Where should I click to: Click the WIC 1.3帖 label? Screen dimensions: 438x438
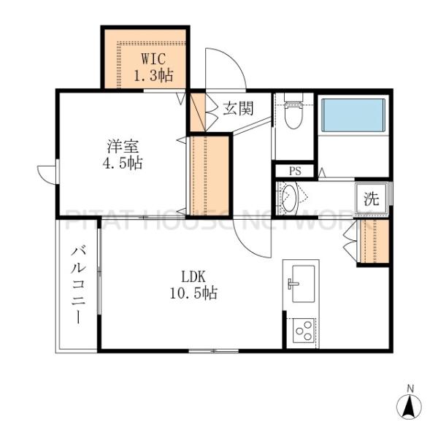153,66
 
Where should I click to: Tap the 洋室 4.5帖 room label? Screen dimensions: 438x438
123,155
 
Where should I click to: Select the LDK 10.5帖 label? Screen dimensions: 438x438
194,285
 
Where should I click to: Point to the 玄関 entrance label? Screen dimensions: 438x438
238,108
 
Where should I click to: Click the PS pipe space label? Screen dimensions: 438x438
295,171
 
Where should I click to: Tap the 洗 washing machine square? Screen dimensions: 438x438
372,199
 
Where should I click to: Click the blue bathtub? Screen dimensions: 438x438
353,115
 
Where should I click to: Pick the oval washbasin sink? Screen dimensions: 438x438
289,198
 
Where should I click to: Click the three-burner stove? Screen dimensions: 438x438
304,331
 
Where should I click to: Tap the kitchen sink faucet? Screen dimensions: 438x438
292,284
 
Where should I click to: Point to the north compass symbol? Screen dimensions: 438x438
409,407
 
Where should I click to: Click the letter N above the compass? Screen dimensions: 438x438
410,388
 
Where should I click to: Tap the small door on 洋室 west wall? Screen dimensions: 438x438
47,175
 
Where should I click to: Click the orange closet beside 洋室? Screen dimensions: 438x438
210,176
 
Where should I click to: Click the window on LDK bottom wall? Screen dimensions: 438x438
214,351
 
